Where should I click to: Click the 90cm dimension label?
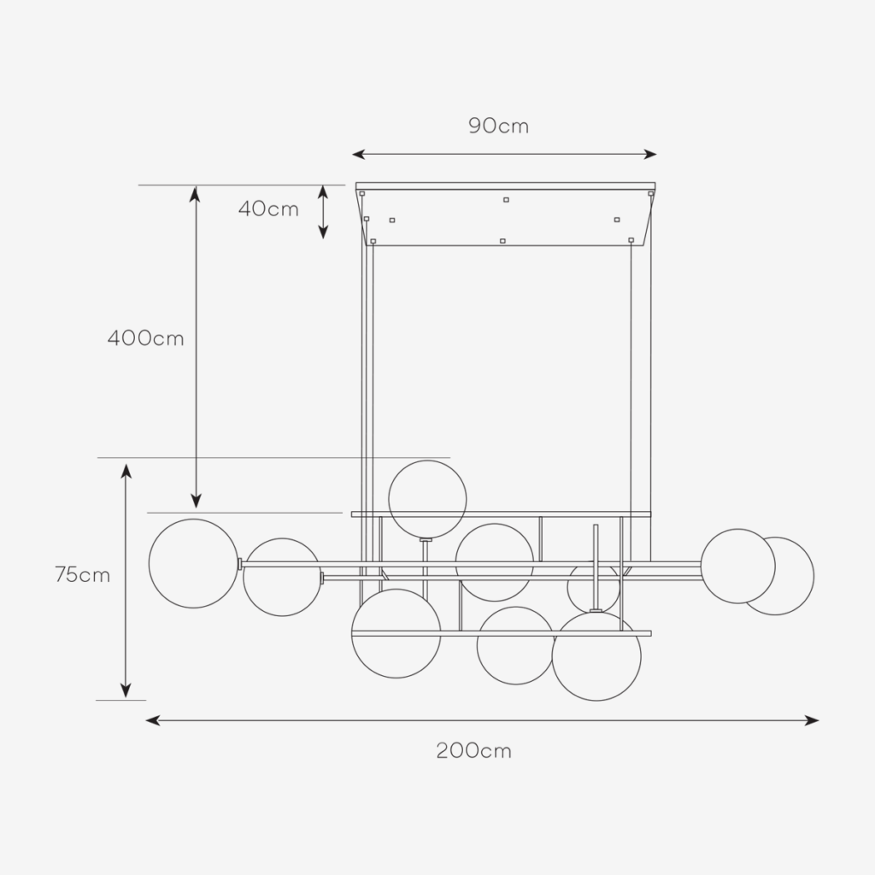click(x=498, y=126)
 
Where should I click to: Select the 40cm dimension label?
click(x=268, y=209)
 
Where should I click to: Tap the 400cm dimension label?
click(x=145, y=338)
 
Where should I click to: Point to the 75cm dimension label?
click(x=83, y=574)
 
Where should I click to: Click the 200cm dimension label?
click(x=473, y=750)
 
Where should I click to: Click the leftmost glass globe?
click(x=194, y=564)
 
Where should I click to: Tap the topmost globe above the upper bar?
click(x=427, y=499)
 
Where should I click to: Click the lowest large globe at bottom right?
click(x=596, y=656)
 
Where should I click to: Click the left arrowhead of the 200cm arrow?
click(x=152, y=720)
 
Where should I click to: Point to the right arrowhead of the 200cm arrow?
click(x=812, y=720)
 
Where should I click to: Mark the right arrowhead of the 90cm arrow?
click(x=650, y=155)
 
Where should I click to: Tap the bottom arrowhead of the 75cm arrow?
click(x=126, y=690)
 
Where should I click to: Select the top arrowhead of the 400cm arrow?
click(x=195, y=193)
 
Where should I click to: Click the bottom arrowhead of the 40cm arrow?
click(x=322, y=232)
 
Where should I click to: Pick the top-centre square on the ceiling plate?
click(x=506, y=200)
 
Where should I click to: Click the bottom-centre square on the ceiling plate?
click(x=502, y=241)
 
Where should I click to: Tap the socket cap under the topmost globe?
click(x=426, y=540)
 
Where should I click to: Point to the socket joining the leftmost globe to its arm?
click(x=240, y=564)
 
